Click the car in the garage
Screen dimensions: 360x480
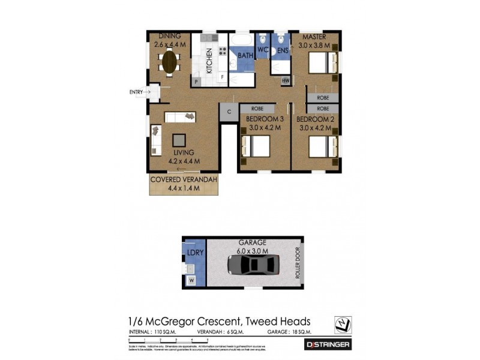pyautogui.click(x=253, y=265)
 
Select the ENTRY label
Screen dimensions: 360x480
pyautogui.click(x=136, y=92)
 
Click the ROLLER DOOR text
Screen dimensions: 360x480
pyautogui.click(x=296, y=265)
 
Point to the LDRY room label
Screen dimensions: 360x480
pyautogui.click(x=196, y=253)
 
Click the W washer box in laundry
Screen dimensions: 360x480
pyautogui.click(x=191, y=280)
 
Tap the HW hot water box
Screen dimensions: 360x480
pyautogui.click(x=286, y=80)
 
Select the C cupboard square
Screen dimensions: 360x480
pyautogui.click(x=229, y=112)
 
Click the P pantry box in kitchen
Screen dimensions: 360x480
pyautogui.click(x=196, y=81)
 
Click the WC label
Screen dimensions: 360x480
pyautogui.click(x=263, y=50)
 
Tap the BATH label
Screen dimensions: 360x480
pyautogui.click(x=245, y=55)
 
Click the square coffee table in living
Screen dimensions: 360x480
pyautogui.click(x=179, y=140)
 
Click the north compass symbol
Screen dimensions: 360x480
pyautogui.click(x=343, y=323)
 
